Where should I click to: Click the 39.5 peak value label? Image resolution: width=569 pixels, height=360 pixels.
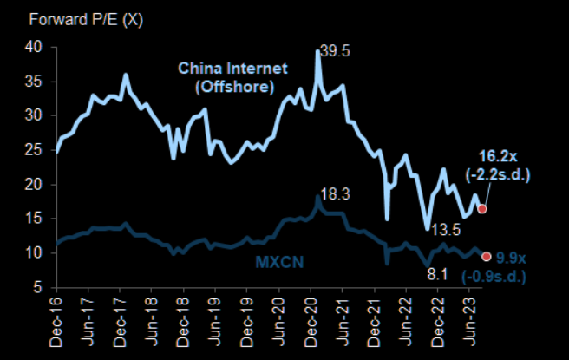tap(334, 53)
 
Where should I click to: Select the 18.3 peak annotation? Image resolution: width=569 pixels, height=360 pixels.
tap(334, 195)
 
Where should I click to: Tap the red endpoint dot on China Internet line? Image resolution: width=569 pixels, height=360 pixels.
tap(482, 208)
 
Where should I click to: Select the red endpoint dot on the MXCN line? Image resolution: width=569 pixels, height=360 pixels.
tap(487, 256)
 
